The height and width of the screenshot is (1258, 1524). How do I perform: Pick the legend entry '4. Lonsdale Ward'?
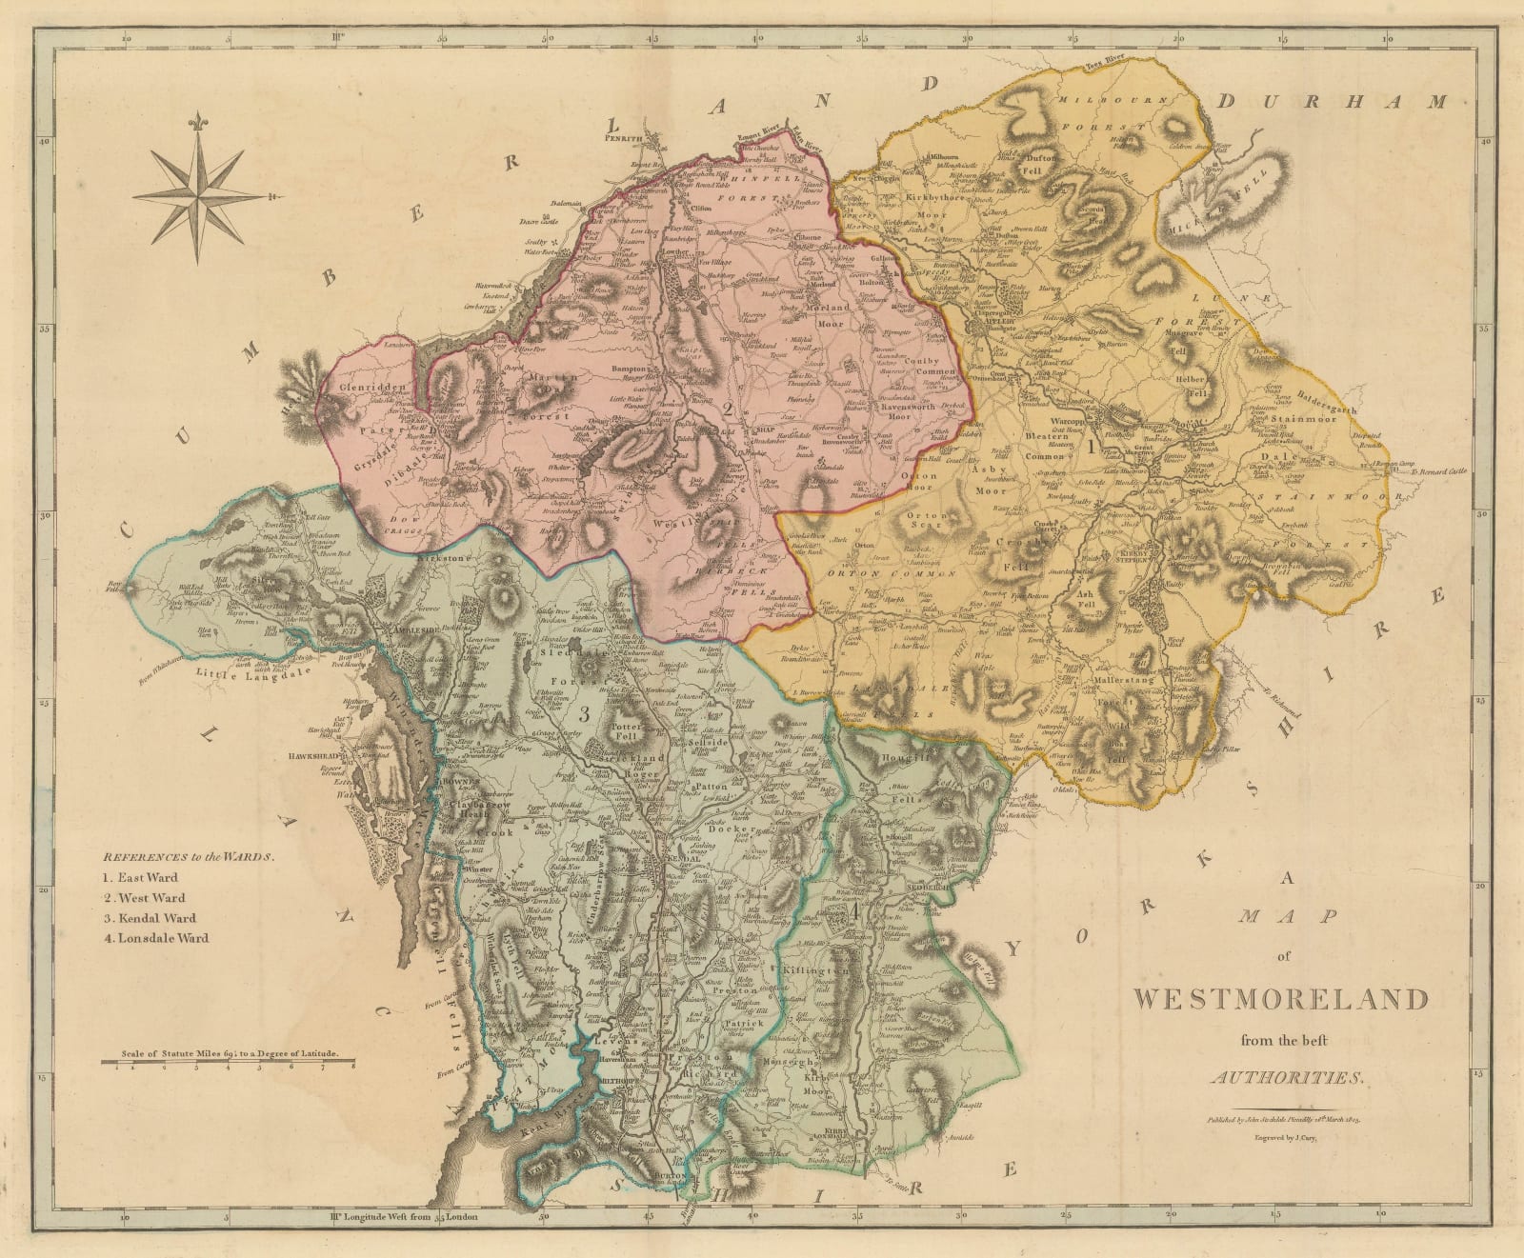[157, 938]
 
